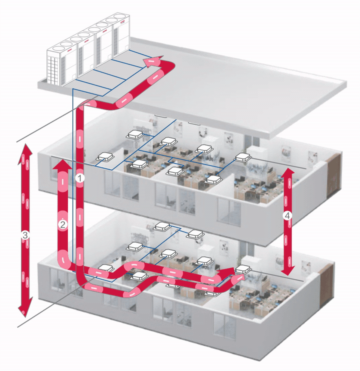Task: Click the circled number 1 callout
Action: click(x=80, y=178)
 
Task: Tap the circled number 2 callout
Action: click(x=62, y=224)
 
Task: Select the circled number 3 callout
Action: click(x=25, y=235)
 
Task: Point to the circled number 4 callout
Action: click(x=287, y=215)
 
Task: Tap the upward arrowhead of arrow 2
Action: click(x=62, y=164)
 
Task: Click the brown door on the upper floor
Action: click(x=333, y=175)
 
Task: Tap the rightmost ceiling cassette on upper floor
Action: click(x=242, y=157)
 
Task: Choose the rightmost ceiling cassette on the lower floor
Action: click(x=243, y=269)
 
